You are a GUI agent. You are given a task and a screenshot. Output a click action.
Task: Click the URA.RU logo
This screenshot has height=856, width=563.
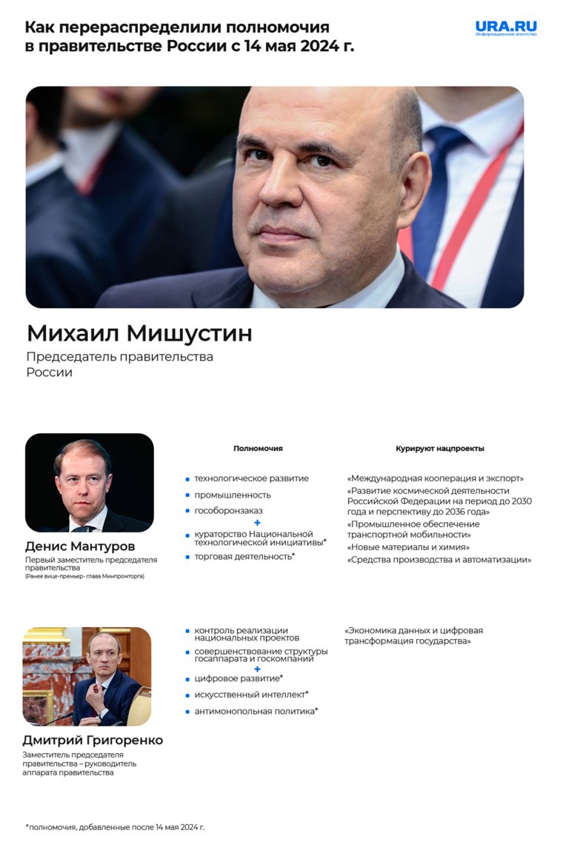(x=506, y=29)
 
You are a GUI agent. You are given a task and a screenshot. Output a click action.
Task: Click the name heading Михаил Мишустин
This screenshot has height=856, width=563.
(x=139, y=333)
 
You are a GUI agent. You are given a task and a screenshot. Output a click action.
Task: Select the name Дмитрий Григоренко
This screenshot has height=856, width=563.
(x=93, y=740)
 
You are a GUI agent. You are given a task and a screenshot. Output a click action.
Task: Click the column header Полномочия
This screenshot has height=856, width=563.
(x=258, y=449)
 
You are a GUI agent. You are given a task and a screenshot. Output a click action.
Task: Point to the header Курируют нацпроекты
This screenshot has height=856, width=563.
(x=440, y=449)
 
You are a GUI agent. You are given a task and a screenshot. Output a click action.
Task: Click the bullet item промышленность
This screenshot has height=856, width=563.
(x=233, y=495)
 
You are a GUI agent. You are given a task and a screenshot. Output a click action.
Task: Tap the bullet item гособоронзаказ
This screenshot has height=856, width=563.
(x=228, y=511)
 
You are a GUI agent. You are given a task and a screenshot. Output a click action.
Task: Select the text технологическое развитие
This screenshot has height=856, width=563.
(x=251, y=478)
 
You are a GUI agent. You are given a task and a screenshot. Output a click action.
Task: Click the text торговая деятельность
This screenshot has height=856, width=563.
(x=243, y=556)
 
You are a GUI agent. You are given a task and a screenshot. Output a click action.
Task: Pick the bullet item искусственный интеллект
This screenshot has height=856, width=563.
(x=250, y=695)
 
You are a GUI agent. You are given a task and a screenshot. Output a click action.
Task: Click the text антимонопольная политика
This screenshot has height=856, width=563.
(x=254, y=712)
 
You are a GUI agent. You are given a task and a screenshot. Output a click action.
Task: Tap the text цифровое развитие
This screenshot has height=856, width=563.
(x=237, y=678)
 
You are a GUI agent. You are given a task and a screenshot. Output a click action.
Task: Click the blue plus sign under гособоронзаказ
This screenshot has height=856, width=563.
(x=258, y=522)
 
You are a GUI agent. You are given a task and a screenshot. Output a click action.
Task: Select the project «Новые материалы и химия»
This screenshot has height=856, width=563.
(x=408, y=547)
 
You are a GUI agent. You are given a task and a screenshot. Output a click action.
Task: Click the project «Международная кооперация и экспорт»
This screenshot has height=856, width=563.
(x=436, y=478)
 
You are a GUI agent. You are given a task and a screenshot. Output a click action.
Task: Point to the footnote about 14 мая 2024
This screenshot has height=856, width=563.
(x=115, y=827)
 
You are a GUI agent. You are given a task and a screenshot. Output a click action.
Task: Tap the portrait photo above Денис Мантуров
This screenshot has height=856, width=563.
(x=90, y=483)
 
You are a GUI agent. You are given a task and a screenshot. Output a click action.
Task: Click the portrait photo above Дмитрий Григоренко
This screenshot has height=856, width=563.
(x=87, y=676)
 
